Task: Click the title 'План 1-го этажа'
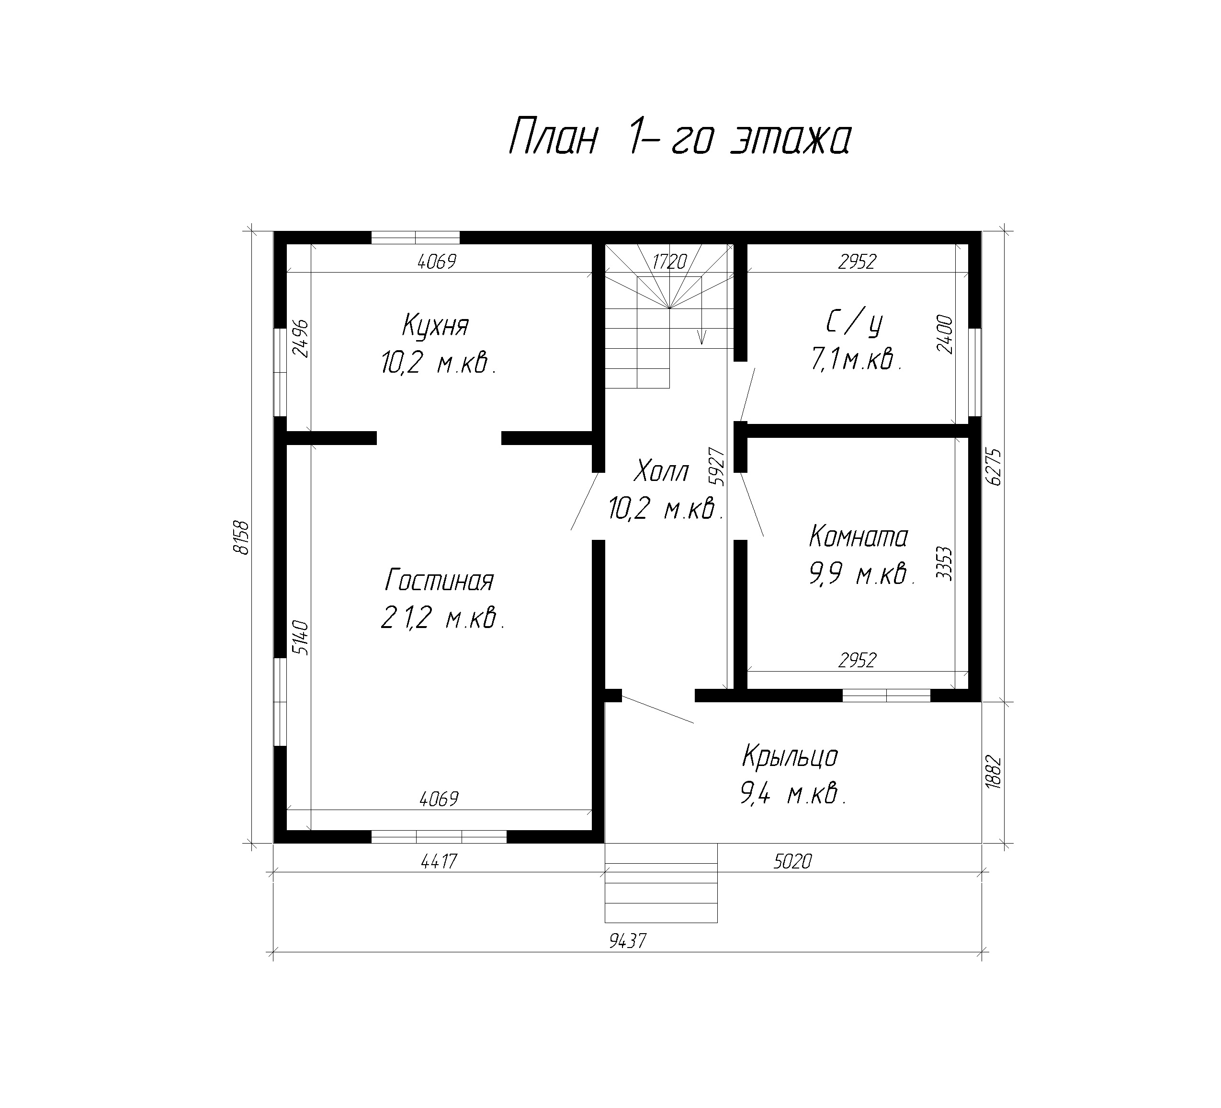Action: (680, 137)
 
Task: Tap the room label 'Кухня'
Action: (435, 326)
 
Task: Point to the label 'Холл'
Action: (661, 471)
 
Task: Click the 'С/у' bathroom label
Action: (854, 324)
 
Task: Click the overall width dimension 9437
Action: (628, 941)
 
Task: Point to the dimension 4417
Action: (439, 861)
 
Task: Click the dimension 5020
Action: (792, 861)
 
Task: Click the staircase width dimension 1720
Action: (669, 262)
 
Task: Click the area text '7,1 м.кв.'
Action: (856, 360)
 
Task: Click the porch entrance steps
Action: (661, 883)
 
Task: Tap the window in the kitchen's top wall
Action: (416, 237)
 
